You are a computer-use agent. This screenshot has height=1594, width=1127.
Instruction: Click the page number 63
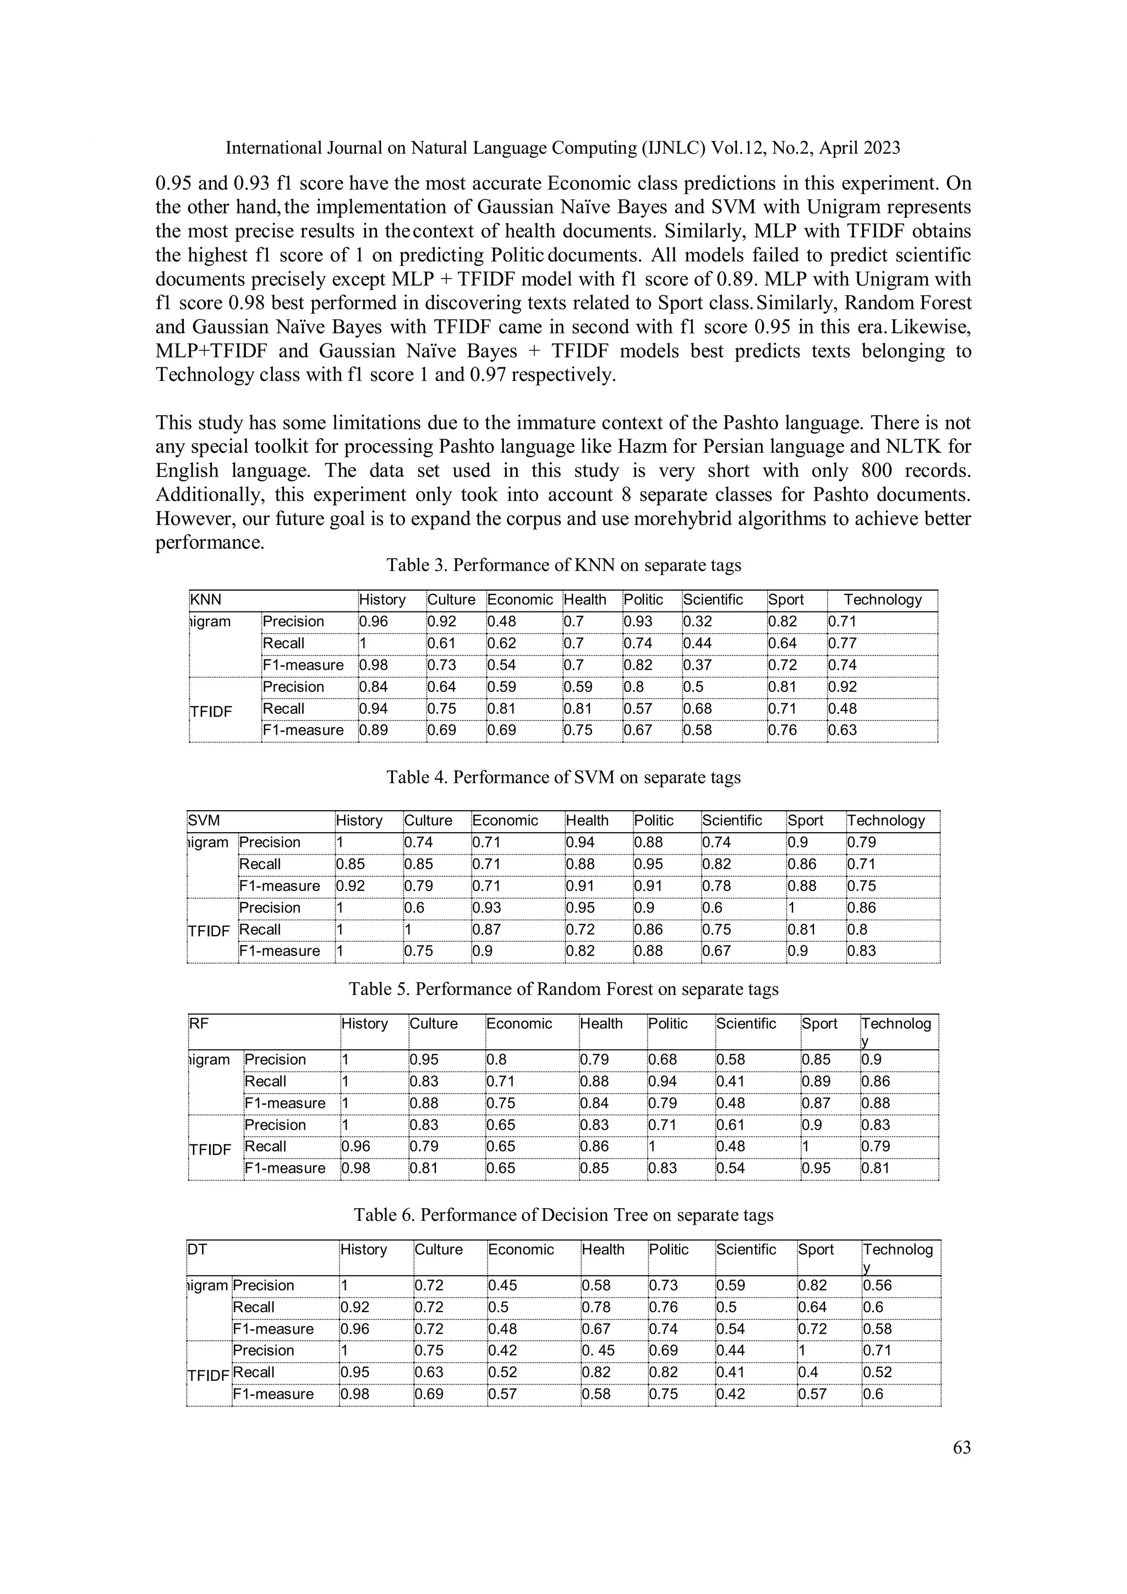tap(961, 1448)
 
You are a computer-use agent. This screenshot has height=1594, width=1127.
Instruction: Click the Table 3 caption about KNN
tap(563, 565)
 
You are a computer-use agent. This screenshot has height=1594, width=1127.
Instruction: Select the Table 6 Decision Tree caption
tap(563, 1215)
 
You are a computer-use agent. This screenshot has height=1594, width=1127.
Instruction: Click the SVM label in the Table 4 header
tap(203, 821)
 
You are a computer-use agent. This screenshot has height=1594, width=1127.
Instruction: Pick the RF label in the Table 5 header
tap(199, 1024)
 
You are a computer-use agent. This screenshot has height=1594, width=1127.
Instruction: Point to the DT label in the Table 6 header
tap(197, 1249)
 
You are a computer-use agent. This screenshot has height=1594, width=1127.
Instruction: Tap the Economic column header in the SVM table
tap(505, 821)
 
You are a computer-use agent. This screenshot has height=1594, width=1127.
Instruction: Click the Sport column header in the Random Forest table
tap(819, 1024)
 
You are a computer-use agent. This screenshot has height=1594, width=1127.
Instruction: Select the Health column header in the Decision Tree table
tap(603, 1249)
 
